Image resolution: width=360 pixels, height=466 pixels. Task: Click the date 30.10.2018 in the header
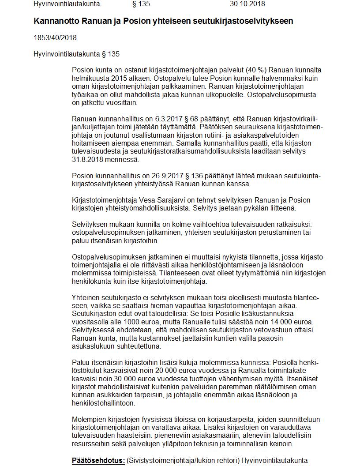[x=247, y=4]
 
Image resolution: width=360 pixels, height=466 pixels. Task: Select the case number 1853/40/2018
[x=55, y=38]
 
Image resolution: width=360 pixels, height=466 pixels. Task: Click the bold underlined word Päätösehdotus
[x=98, y=461]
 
